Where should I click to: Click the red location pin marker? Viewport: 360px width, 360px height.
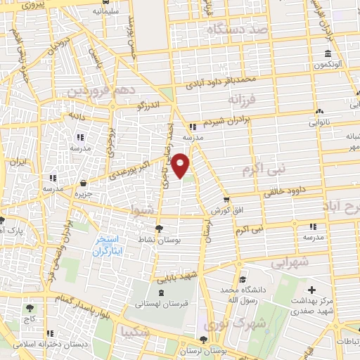181,165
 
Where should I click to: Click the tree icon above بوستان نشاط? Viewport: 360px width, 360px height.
160,228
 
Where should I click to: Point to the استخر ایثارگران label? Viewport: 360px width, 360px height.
110,244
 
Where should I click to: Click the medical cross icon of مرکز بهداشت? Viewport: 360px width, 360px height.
312,289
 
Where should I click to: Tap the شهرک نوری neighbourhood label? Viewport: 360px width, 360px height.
227,324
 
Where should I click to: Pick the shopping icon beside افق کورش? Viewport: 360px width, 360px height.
226,200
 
